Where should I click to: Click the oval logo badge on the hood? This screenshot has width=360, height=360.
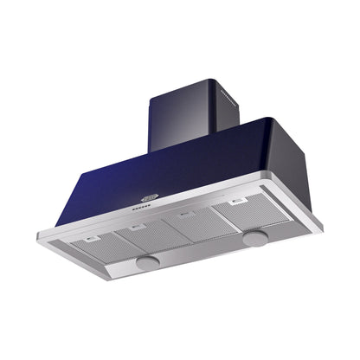click(149, 197)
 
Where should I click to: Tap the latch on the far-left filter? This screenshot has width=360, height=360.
click(92, 238)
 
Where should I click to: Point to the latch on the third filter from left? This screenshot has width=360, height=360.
click(184, 215)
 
